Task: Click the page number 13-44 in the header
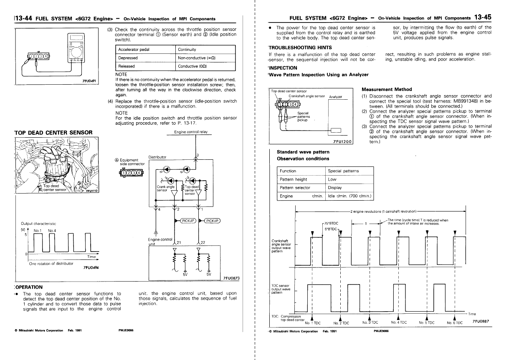(x=24, y=18)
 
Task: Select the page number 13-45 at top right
(x=483, y=17)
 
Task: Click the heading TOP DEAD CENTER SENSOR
(x=53, y=133)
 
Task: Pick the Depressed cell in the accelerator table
(x=128, y=58)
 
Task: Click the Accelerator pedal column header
(x=134, y=50)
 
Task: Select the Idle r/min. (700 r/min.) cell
(x=349, y=196)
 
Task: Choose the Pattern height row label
(x=294, y=179)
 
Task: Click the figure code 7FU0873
(x=231, y=278)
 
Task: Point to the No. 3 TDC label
(x=370, y=322)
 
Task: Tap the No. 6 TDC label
(x=455, y=322)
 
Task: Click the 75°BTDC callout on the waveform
(x=331, y=223)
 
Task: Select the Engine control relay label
(x=191, y=132)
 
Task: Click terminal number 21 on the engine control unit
(x=179, y=242)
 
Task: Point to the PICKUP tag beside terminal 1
(x=212, y=221)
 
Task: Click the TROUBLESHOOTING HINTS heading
(x=300, y=48)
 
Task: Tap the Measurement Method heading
(x=387, y=89)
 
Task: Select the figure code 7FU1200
(x=342, y=142)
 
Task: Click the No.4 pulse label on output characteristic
(x=52, y=231)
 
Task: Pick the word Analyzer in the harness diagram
(x=335, y=97)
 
